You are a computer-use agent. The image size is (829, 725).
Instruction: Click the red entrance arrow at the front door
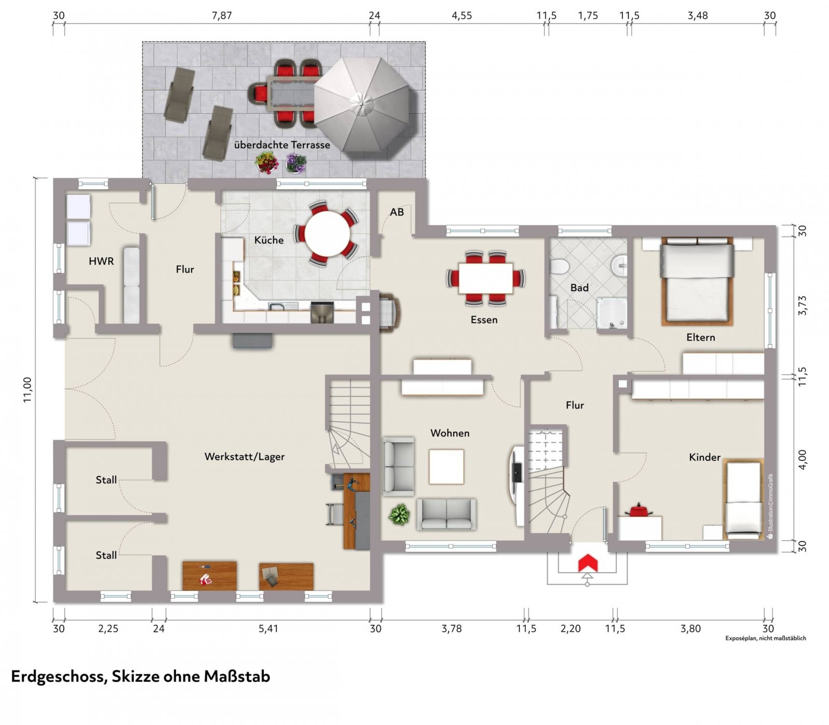[588, 563]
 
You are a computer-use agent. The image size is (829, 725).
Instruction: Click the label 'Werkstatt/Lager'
[245, 457]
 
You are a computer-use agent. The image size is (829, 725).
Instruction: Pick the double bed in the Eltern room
[697, 281]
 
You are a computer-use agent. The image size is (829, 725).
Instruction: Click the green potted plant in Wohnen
[399, 515]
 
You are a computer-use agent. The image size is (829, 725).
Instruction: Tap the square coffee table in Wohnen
[446, 467]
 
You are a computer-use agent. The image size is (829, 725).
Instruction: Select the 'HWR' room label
[101, 262]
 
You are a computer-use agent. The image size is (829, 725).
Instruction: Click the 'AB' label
[397, 212]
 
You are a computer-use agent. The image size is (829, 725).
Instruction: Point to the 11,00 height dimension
[27, 389]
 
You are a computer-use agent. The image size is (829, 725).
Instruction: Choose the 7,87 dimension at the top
[222, 16]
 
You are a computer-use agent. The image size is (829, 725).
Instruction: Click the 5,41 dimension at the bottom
[268, 629]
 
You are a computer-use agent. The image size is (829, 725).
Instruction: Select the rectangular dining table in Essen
[485, 278]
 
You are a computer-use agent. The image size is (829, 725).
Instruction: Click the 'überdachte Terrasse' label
[282, 145]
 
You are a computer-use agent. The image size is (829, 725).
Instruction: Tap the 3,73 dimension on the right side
[802, 306]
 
